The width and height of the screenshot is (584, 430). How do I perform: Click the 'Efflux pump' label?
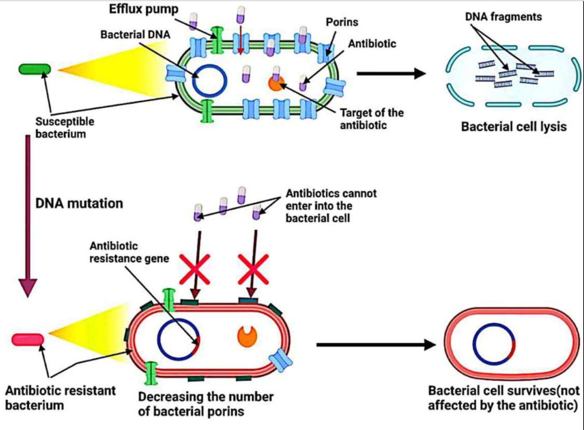coord(144,9)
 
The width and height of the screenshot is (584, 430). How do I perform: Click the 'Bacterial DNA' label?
coord(135,35)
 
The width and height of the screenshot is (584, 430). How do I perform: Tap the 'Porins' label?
coord(342,22)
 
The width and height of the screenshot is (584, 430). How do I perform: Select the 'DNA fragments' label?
coord(503,17)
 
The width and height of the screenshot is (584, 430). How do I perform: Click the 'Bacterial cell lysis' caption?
coord(514,127)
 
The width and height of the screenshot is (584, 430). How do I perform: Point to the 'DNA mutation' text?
coord(79,203)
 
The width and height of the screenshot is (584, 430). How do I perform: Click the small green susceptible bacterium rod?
coord(35,69)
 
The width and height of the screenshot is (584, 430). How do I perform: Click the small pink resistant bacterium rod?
coord(28,339)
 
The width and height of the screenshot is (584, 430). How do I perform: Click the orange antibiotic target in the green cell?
coord(276,83)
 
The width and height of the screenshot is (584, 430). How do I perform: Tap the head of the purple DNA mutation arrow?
coord(28,288)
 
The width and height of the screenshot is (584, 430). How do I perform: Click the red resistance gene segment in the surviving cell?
coord(512,349)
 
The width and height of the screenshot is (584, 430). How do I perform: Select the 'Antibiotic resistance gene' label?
coord(129,252)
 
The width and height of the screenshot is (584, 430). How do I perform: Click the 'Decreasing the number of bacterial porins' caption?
coord(206,404)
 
